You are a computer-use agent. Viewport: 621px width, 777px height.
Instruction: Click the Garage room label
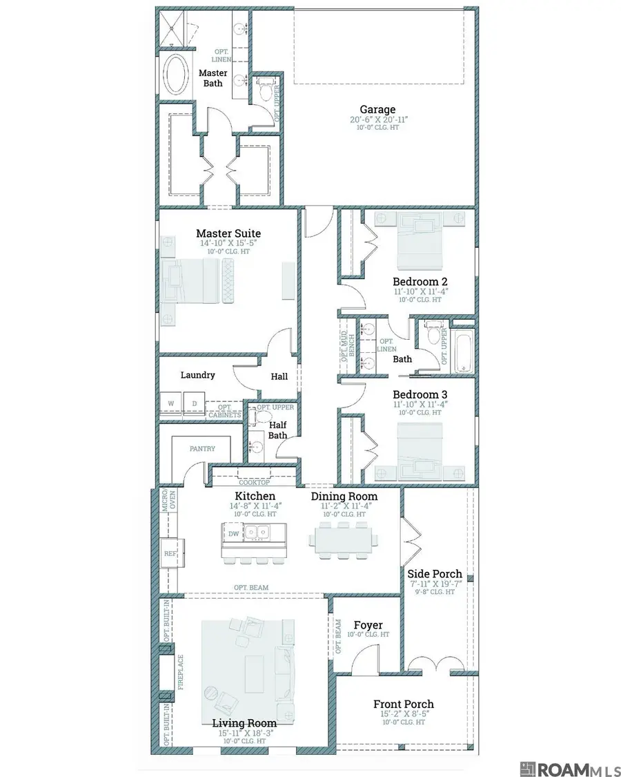click(x=377, y=110)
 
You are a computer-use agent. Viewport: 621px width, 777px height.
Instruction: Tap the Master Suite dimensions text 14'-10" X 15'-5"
click(x=228, y=243)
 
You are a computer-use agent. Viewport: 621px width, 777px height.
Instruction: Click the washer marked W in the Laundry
click(x=171, y=403)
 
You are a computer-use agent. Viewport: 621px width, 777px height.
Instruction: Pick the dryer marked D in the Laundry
click(x=194, y=403)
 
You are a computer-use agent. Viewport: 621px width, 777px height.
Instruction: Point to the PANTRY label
click(x=202, y=449)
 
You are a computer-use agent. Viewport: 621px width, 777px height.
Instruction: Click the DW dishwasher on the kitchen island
click(x=233, y=533)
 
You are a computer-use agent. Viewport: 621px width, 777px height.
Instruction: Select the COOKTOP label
click(x=255, y=482)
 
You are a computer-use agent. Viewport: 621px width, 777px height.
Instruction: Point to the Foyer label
click(x=368, y=625)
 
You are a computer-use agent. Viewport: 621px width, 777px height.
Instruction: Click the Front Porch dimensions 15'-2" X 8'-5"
click(x=404, y=714)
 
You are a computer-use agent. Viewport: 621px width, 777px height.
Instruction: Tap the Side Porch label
click(x=434, y=574)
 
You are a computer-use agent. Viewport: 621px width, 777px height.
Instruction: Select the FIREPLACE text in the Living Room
click(x=181, y=672)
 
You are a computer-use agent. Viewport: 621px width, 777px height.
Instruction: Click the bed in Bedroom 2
click(x=420, y=240)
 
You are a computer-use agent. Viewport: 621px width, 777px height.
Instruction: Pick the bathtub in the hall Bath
click(x=464, y=352)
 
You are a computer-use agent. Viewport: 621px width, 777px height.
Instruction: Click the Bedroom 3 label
click(x=420, y=395)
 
